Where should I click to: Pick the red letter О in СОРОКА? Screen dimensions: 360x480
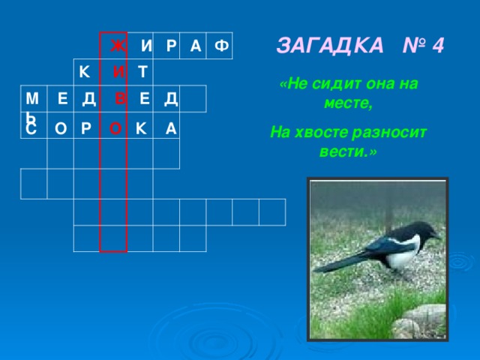(x=115, y=129)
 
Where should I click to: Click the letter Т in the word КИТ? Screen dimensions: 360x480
(x=142, y=73)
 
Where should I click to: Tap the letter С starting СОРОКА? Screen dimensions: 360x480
(x=30, y=130)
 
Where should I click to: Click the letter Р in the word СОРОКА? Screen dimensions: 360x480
(x=86, y=129)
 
